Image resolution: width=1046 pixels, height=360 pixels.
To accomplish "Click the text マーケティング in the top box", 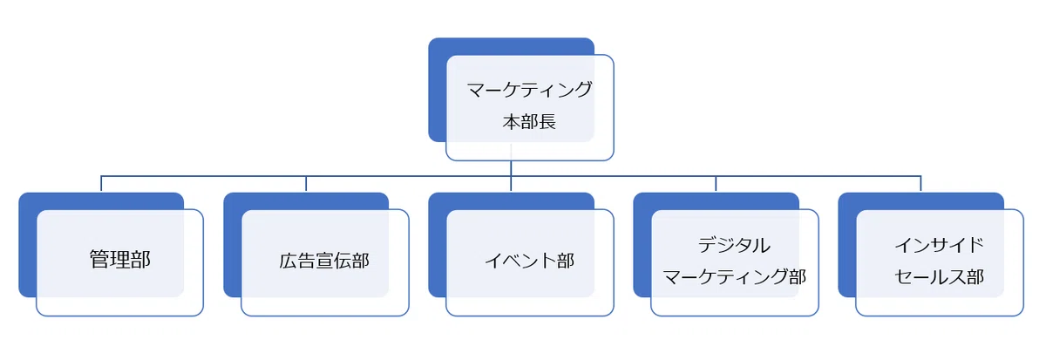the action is (530, 90).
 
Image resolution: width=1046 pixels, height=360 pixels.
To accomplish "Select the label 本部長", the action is (529, 122).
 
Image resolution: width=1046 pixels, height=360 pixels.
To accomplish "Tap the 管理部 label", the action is (120, 260).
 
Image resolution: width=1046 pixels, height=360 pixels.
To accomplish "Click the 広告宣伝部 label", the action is (324, 261).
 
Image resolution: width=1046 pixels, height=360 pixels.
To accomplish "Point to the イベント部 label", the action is (530, 261).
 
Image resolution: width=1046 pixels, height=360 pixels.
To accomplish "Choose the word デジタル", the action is (734, 246).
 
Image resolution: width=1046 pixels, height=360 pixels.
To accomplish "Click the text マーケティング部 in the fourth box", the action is (734, 277).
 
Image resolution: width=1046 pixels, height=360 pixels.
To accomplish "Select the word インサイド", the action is (939, 246).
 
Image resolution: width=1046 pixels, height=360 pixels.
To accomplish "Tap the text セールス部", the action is (939, 277).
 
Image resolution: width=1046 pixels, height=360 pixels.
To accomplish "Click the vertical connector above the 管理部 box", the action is (101, 184).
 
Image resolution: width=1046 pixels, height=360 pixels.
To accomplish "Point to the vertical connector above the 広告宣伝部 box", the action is (306, 184).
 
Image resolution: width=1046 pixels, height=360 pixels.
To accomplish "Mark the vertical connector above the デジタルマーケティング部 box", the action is (716, 184).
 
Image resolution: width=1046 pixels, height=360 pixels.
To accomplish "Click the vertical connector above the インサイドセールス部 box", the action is (920, 184).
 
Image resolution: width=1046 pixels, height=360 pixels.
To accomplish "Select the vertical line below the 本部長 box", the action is (511, 175).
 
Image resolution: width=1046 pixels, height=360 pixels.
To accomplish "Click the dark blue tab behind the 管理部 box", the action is (27, 245).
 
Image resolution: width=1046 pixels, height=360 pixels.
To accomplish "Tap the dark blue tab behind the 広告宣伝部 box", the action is (232, 245).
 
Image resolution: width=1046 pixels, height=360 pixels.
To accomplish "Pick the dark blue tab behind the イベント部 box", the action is (437, 245).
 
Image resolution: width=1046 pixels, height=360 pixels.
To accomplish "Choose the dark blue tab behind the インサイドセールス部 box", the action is (846, 245).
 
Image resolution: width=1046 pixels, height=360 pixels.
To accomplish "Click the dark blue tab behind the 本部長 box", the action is (437, 90).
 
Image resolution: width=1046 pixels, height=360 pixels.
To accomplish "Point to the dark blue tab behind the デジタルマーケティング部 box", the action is (642, 245).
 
